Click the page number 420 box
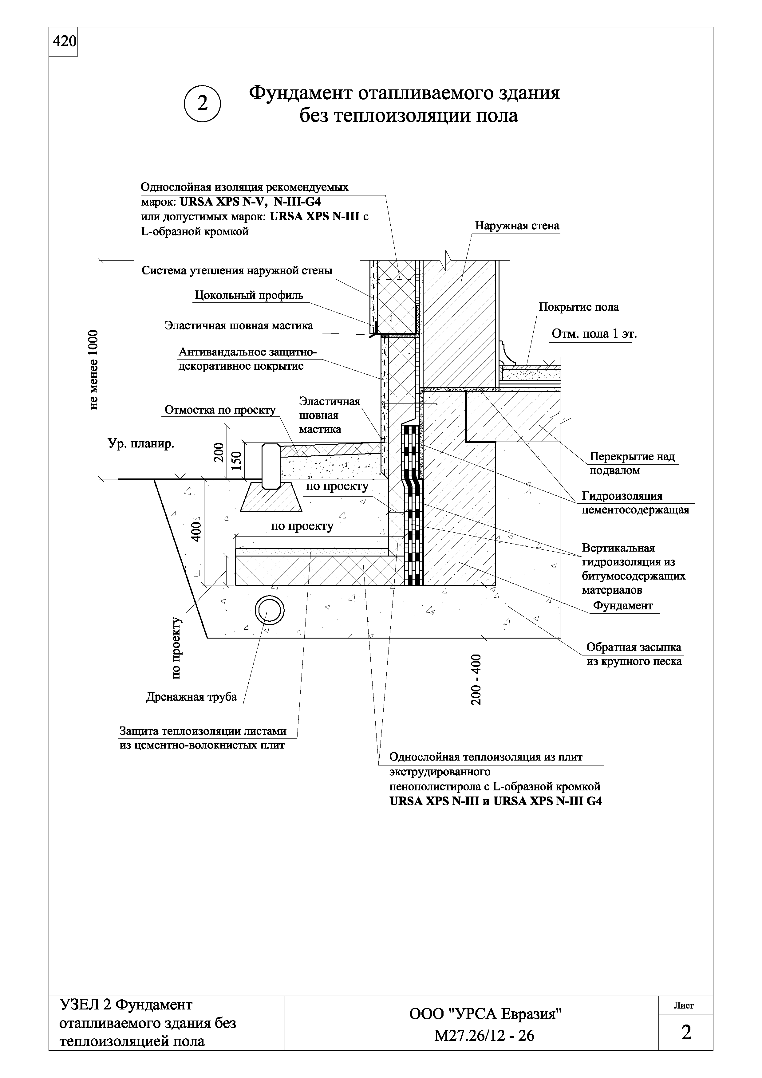point(63,42)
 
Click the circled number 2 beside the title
point(202,103)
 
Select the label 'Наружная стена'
point(517,226)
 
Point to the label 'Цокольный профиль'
point(249,295)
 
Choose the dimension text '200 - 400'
point(476,679)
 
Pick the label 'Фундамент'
point(622,606)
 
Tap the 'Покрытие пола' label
point(578,307)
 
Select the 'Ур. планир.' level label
point(141,444)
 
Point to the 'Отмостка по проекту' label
point(220,410)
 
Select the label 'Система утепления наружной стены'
point(237,271)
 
